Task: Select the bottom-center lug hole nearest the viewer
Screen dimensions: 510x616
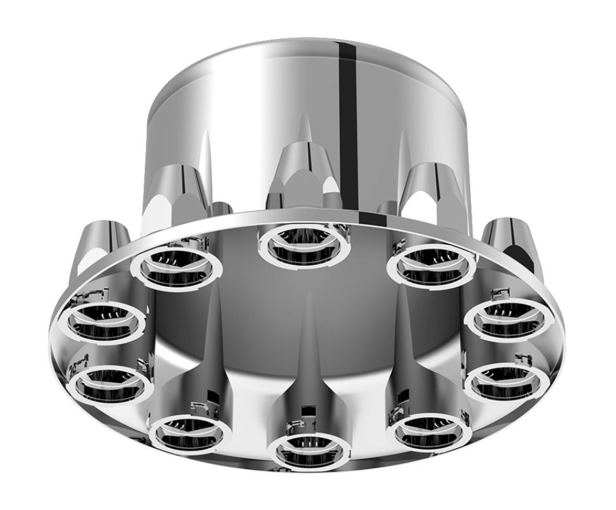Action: (309, 450)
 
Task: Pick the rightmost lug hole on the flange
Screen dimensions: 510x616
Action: (510, 319)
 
